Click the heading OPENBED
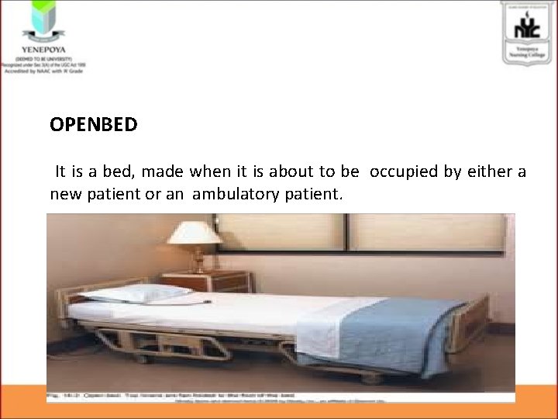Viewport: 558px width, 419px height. click(94, 124)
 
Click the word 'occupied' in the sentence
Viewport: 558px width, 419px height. click(404, 171)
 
